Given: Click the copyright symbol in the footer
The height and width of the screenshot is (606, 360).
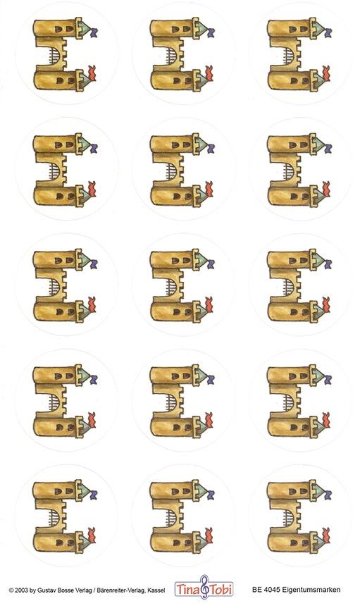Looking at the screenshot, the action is click(11, 590).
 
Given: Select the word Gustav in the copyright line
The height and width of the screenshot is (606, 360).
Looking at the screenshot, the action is click(44, 590).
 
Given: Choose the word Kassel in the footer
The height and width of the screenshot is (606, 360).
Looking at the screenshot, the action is click(157, 590).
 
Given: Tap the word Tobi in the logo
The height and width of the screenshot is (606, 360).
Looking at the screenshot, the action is click(221, 590).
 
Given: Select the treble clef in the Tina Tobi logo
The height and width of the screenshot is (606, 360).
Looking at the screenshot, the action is click(204, 588).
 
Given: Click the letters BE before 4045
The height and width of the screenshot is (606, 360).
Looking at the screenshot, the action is click(256, 590).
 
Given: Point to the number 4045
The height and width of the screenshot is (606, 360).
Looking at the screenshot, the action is click(268, 590).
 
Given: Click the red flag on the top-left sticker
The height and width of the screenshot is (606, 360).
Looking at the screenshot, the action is click(92, 73).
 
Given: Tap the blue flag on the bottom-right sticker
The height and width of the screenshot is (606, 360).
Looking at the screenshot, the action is click(328, 494).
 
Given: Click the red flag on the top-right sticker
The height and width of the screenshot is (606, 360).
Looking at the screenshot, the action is click(326, 73).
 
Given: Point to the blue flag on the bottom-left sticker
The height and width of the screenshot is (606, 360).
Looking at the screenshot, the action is click(94, 494).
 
